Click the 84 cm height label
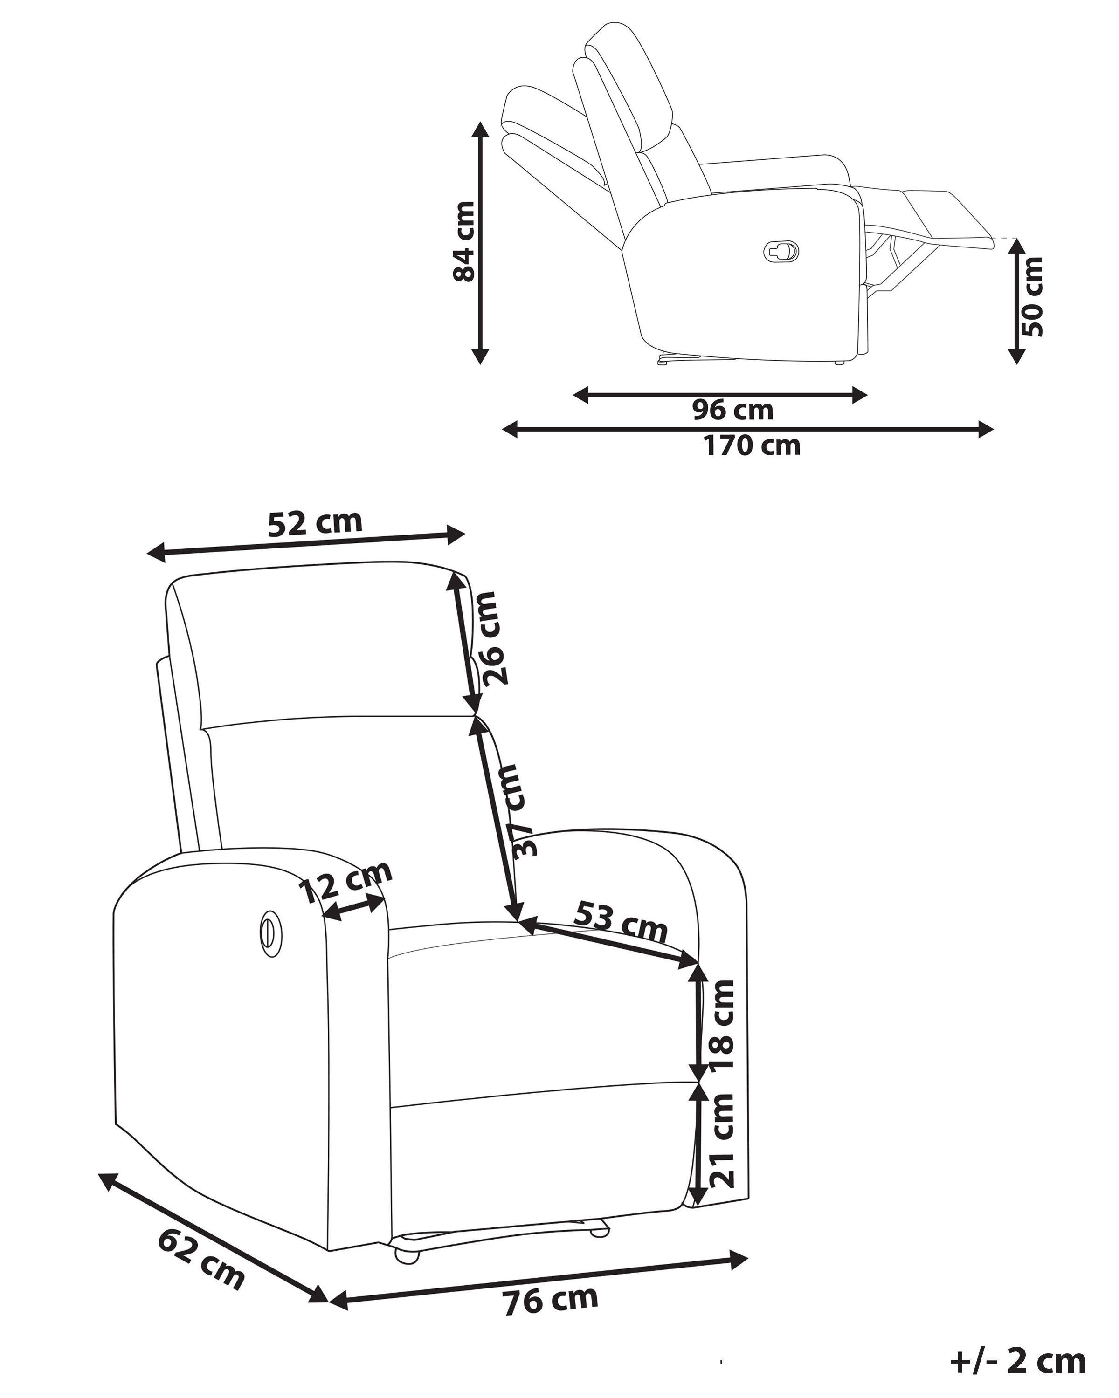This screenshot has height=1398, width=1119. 464,241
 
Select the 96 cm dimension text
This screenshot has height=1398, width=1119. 732,410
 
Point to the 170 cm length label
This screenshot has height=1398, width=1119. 753,445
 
